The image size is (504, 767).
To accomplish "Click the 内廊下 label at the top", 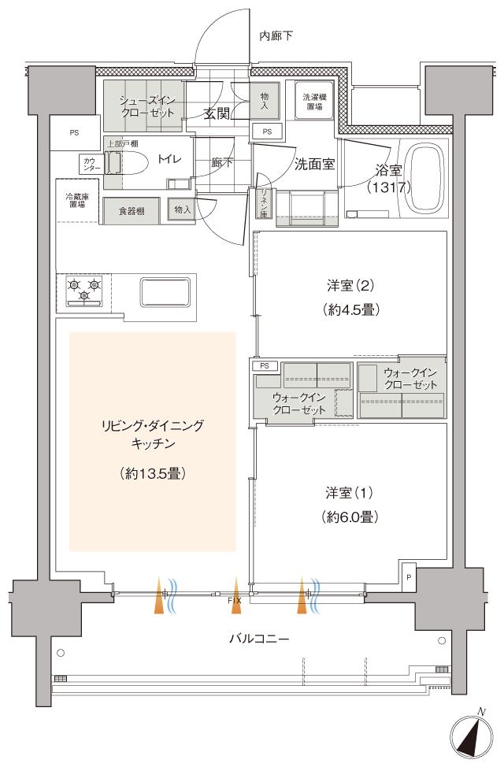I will coord(276,36).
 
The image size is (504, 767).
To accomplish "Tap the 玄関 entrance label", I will coord(217,113).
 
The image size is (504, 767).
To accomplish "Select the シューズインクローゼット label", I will coord(146,106).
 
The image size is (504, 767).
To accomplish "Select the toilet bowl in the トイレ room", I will coord(129,161).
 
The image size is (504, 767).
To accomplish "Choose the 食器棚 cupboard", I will coord(132,210).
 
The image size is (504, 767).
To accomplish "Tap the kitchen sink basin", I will coord(166,291).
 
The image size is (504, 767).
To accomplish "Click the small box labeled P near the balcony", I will coord(408,576).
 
